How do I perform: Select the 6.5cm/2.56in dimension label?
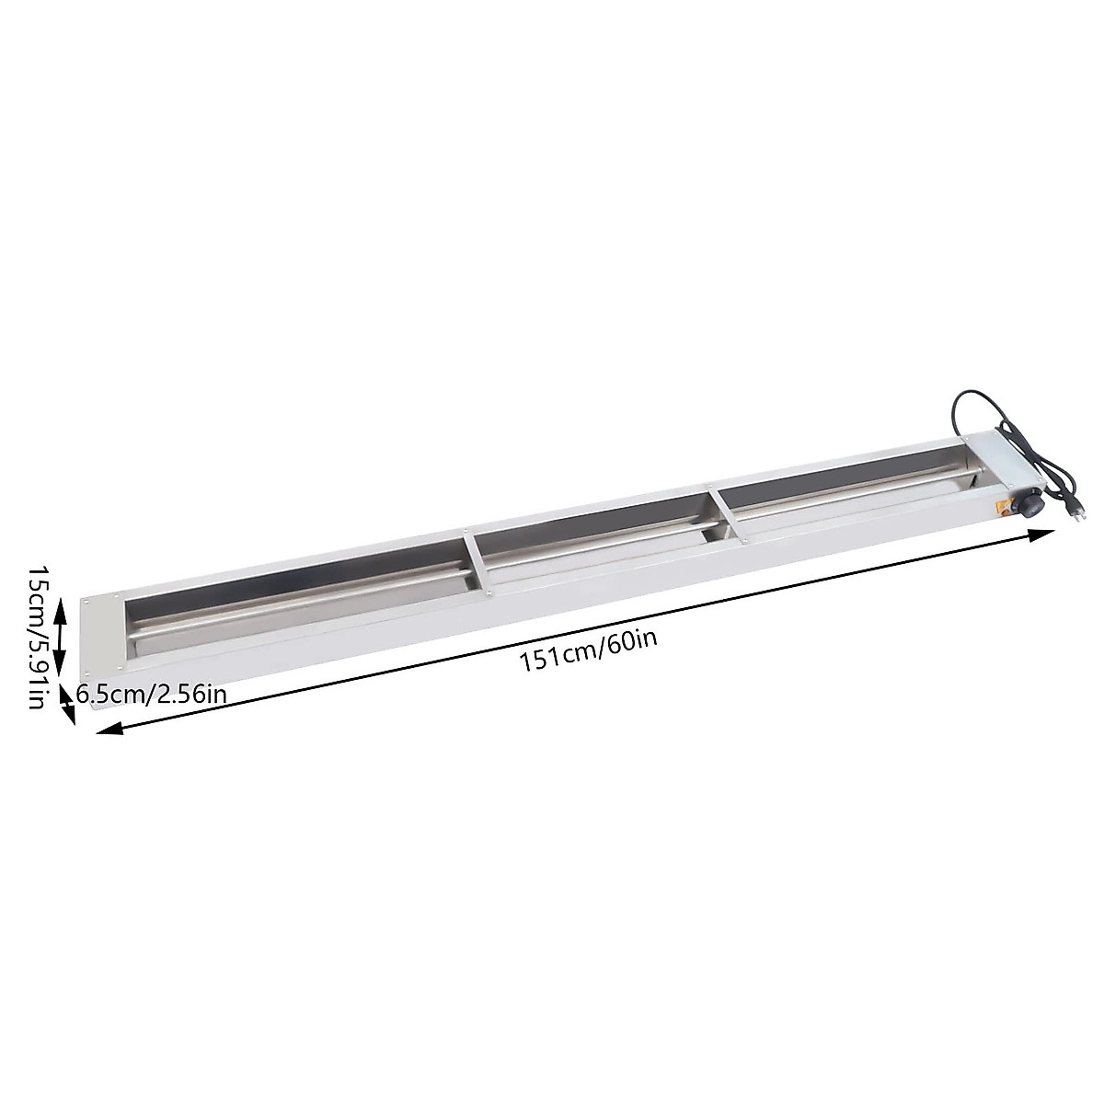tap(151, 695)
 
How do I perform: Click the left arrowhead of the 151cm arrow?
tap(107, 730)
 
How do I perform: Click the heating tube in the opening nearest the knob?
tap(846, 492)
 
